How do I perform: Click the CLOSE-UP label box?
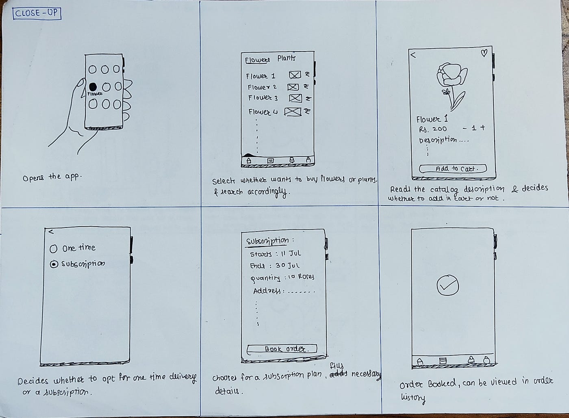click(37, 13)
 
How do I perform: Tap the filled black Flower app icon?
click(93, 87)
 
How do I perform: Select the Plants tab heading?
click(287, 58)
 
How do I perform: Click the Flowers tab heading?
click(257, 60)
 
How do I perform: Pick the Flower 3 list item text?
click(263, 98)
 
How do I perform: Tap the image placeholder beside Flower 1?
click(295, 75)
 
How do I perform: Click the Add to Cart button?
click(453, 169)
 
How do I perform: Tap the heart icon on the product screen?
click(484, 53)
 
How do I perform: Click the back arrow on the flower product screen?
click(413, 54)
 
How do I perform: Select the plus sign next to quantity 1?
click(483, 128)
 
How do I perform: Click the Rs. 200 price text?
click(433, 129)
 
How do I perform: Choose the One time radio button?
click(53, 249)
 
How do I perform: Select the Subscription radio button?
click(53, 264)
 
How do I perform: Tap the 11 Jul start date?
click(290, 253)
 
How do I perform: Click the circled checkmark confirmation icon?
click(447, 286)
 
